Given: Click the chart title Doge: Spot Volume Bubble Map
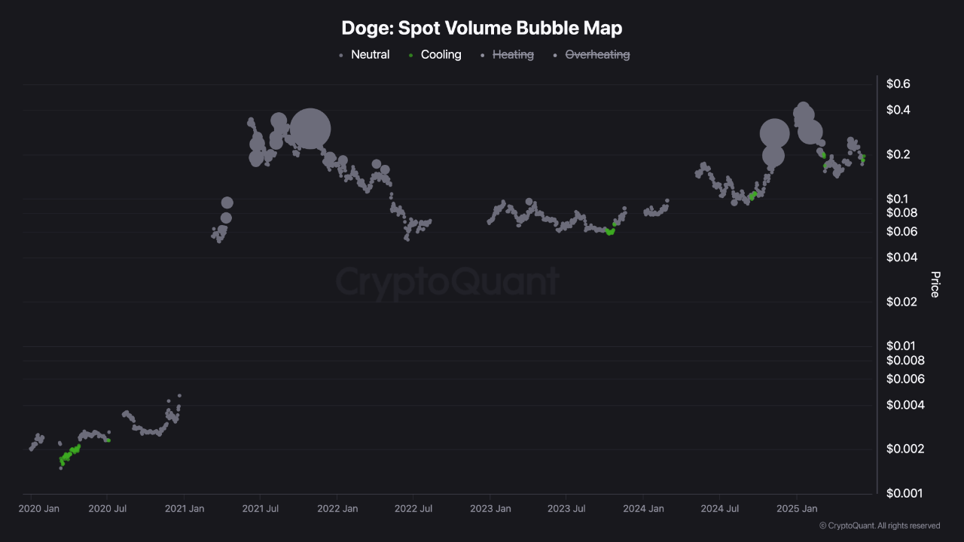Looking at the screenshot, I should click(482, 29).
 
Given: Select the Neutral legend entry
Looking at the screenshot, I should click(370, 55).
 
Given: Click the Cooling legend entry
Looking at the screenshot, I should click(441, 55).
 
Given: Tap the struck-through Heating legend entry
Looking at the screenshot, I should click(512, 55).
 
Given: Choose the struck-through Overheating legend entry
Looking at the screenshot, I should click(597, 55).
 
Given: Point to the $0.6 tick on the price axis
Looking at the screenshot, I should click(897, 84).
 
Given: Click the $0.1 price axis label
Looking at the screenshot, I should click(897, 199).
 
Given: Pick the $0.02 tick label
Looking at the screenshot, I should click(900, 302).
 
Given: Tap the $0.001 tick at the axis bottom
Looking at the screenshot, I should click(903, 493).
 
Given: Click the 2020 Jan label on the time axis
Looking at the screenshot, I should click(39, 509).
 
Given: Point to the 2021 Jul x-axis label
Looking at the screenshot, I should click(260, 509).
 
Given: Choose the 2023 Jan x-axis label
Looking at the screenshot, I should click(490, 509).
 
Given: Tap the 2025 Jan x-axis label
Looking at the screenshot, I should click(798, 509).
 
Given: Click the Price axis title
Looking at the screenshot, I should click(935, 285).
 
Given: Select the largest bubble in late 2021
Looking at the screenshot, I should click(310, 129).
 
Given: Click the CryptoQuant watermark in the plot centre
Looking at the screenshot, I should click(447, 282).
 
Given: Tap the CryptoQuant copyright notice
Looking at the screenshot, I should click(879, 525).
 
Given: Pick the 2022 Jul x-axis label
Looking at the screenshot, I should click(413, 509).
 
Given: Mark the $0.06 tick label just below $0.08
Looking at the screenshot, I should click(900, 231).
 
